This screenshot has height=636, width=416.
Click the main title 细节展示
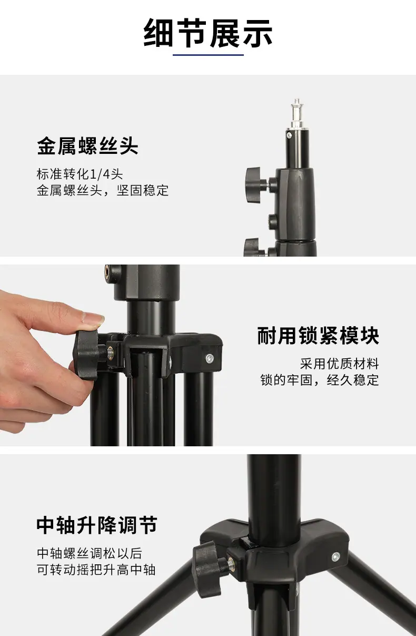pos(208,33)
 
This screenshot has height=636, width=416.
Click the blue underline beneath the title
pos(208,54)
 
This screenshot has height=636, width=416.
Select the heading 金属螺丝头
pos(87,145)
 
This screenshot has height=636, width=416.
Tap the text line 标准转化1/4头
pos(80,174)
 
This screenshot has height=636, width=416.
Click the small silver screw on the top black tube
pos(289,135)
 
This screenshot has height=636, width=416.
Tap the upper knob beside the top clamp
pos(253,184)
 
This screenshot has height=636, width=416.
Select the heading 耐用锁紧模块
pos(318,336)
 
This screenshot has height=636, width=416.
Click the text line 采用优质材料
pos(340,364)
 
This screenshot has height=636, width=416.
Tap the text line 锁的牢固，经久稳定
pos(320,380)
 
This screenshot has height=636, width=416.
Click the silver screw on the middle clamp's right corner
pos(210,359)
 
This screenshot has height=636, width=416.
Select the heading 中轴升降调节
pos(97,525)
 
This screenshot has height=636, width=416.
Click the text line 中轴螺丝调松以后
pos(90,553)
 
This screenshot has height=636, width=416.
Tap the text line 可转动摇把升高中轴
pos(96,570)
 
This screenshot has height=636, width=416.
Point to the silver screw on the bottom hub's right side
pos(335,557)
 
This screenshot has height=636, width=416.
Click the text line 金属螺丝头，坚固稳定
pos(103,190)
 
